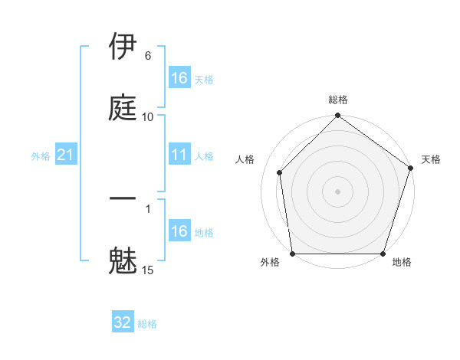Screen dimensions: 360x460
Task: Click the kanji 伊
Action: [123, 47]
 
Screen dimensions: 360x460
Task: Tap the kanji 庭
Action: [123, 106]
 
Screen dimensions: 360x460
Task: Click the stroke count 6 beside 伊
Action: [148, 56]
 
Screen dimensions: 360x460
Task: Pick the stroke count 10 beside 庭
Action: [148, 116]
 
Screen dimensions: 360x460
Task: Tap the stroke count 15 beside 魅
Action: [148, 270]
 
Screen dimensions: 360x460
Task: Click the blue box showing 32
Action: [123, 322]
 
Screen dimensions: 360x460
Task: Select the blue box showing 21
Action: [66, 155]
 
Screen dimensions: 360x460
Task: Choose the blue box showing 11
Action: [179, 155]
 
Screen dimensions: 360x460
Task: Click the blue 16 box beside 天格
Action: [179, 78]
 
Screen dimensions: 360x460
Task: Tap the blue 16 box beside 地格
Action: [179, 231]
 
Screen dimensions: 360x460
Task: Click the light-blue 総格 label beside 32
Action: [147, 324]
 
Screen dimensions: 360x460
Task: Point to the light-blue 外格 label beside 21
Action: [41, 156]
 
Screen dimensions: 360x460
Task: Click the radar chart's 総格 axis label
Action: [338, 100]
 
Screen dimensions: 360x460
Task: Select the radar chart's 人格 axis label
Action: [245, 159]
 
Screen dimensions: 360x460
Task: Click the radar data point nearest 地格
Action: [383, 254]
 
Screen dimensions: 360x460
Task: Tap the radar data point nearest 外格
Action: [293, 254]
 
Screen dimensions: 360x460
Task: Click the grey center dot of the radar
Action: [338, 191]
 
